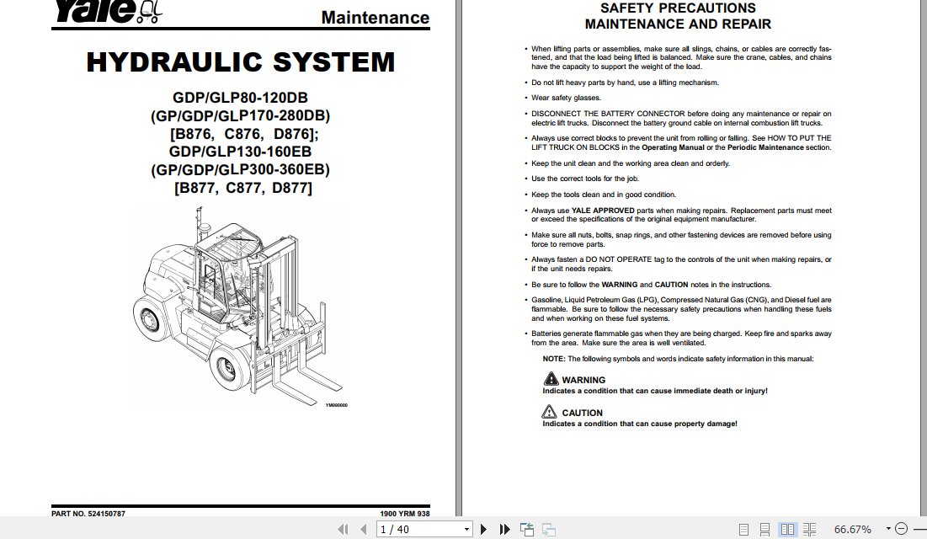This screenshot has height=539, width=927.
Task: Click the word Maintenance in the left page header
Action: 375,18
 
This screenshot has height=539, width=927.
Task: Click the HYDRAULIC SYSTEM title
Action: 240,62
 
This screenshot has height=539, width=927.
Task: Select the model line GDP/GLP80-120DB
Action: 240,98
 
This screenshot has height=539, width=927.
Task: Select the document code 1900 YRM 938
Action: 405,514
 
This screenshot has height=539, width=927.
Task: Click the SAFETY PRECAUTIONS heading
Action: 678,8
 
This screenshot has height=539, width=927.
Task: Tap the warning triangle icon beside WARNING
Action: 549,380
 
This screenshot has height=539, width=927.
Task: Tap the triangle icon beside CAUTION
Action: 549,413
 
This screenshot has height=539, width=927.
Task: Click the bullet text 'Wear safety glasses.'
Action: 566,99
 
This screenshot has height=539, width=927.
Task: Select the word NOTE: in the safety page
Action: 553,359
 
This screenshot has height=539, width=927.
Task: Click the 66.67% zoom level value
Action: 852,529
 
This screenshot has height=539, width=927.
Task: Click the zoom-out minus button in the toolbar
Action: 900,529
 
